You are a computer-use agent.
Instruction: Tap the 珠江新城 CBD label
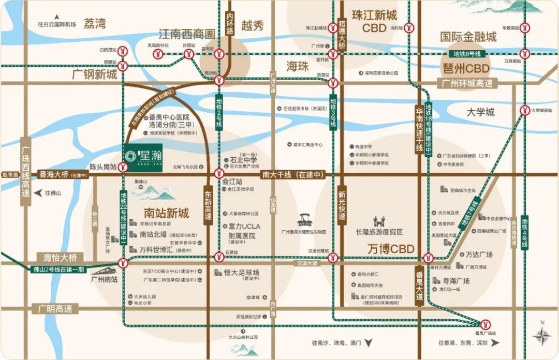pos(374,21)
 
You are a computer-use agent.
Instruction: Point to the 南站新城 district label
pos(165,213)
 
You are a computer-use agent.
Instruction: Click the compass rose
pos(541,336)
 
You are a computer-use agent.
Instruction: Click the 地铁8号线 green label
pos(467,54)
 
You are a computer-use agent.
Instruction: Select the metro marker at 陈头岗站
pos(123,167)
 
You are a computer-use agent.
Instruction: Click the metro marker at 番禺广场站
pos(486,324)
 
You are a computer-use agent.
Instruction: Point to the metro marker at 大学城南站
pos(525,110)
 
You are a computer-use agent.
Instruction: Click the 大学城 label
pos(480,112)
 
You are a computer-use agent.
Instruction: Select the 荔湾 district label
pos(95,23)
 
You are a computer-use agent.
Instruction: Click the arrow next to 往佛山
pos(38,193)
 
